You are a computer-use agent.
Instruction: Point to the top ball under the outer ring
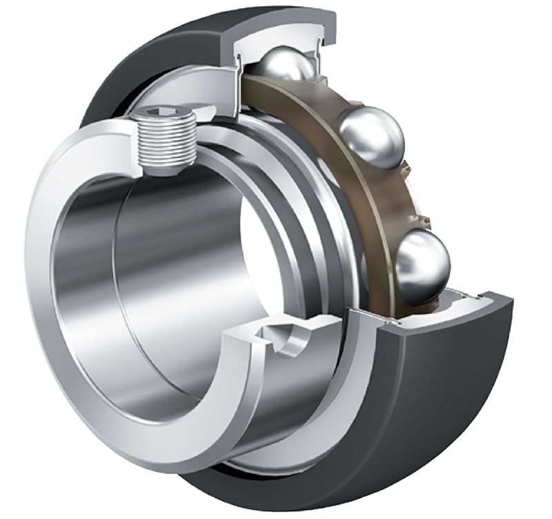(x=285, y=66)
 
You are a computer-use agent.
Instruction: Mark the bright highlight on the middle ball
(x=366, y=128)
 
